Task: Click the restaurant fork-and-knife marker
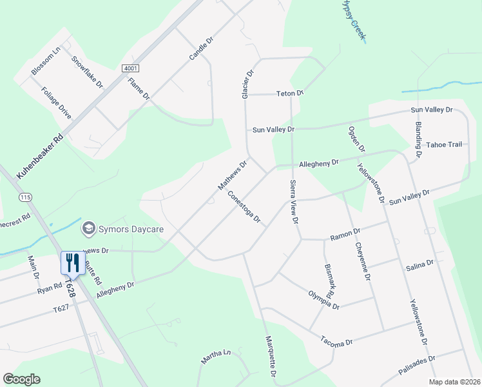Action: point(72,262)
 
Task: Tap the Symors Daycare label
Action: point(131,229)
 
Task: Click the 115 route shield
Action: point(25,196)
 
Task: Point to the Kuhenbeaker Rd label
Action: point(40,155)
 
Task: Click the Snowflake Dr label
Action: point(87,72)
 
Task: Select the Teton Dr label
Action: point(290,94)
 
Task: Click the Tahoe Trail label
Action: point(445,144)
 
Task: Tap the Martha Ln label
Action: point(215,357)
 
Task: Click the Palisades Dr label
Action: point(417,365)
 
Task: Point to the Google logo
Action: point(21,379)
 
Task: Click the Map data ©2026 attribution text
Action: point(454,382)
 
